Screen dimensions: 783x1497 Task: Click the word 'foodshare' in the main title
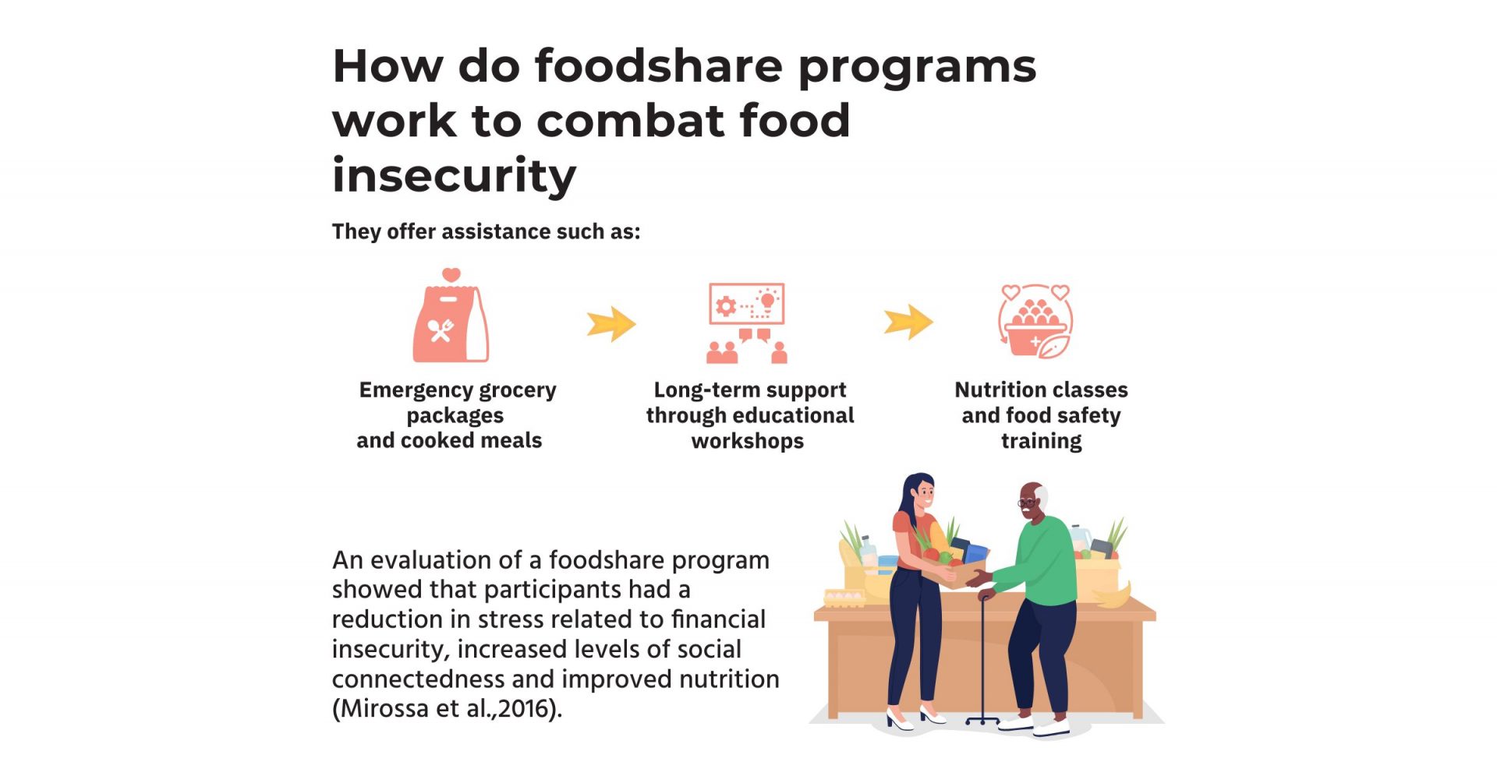(658, 66)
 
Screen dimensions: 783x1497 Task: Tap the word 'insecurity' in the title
(454, 175)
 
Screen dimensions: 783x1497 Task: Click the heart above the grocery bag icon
(451, 275)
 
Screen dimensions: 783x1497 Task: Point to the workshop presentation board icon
(746, 303)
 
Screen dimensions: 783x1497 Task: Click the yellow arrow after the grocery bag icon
(611, 323)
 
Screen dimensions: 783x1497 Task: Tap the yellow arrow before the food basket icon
(908, 322)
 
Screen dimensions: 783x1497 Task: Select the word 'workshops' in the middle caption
(747, 441)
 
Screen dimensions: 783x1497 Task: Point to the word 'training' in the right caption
(1041, 441)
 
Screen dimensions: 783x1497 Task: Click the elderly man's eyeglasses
(1028, 503)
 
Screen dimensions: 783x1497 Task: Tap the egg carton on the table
(844, 598)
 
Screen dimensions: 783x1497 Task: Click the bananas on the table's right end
(1114, 596)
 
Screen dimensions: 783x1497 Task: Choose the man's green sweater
(1041, 561)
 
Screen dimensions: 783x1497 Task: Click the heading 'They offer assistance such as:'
(486, 232)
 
